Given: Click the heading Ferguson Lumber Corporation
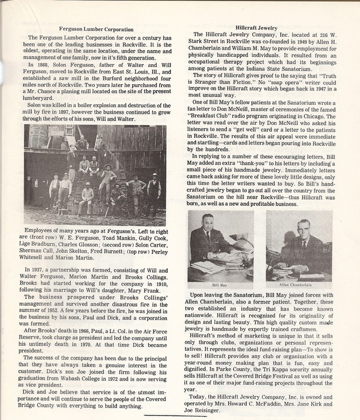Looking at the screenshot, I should click(96, 28).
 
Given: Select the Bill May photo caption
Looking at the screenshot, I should click(220, 284).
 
